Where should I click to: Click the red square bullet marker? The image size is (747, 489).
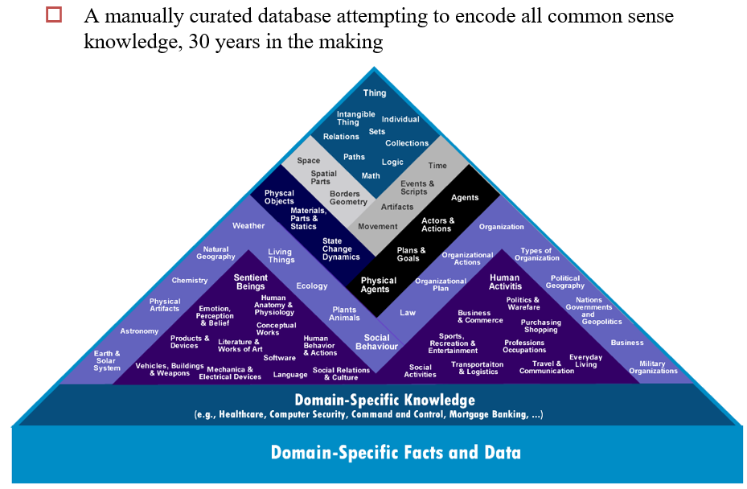(x=55, y=15)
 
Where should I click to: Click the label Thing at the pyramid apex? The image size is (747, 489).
(x=374, y=93)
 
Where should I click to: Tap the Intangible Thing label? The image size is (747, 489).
(x=348, y=118)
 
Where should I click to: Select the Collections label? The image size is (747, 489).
(x=407, y=143)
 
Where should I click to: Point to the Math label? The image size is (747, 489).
(x=371, y=175)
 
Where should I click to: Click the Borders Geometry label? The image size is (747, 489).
(x=347, y=198)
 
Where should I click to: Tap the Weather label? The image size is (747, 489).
(x=248, y=226)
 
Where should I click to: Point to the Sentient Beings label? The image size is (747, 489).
(x=250, y=281)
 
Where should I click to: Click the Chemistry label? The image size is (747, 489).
(x=190, y=281)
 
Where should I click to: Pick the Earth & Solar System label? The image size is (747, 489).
(x=107, y=360)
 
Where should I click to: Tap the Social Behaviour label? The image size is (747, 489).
(x=376, y=342)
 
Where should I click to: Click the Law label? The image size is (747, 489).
(x=408, y=312)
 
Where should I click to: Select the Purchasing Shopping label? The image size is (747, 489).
(x=540, y=326)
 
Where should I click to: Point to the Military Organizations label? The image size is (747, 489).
(x=653, y=368)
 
